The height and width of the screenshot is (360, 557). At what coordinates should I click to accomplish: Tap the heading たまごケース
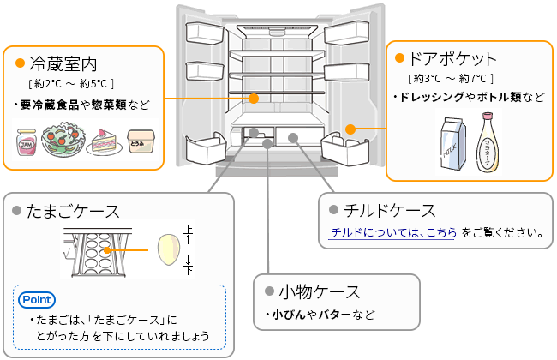(73, 210)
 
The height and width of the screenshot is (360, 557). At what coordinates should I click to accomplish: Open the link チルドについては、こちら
(393, 231)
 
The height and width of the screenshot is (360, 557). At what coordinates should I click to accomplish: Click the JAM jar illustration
(27, 142)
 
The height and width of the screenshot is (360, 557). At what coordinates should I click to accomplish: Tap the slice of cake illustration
(106, 141)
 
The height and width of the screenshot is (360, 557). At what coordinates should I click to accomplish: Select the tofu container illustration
(141, 142)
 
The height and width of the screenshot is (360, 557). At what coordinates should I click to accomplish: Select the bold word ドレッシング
(433, 97)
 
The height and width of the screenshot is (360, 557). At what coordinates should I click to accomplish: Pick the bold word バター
(336, 314)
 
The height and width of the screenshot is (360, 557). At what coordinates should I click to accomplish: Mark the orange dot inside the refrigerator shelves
(255, 99)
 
